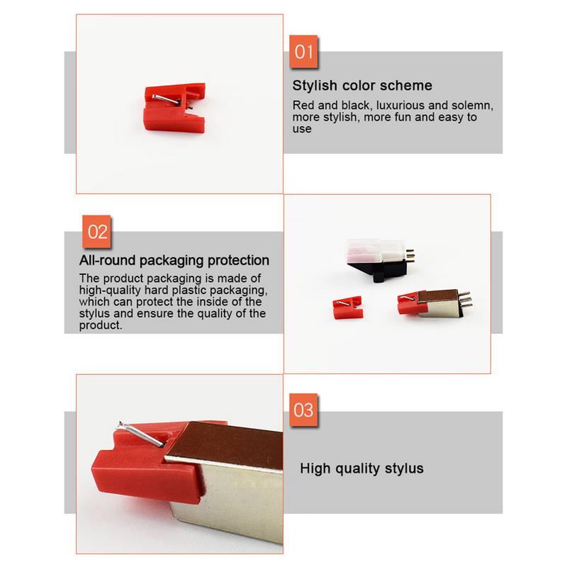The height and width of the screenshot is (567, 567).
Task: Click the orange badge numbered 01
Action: click(304, 53)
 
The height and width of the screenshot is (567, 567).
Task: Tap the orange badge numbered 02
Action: click(99, 232)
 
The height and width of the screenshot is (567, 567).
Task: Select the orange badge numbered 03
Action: click(303, 410)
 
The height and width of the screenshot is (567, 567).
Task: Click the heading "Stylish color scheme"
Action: click(362, 86)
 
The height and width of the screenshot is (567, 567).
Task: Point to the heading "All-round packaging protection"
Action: click(174, 260)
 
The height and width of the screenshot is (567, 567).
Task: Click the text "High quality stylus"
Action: click(361, 468)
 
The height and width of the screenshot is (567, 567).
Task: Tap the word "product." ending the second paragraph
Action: click(101, 325)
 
